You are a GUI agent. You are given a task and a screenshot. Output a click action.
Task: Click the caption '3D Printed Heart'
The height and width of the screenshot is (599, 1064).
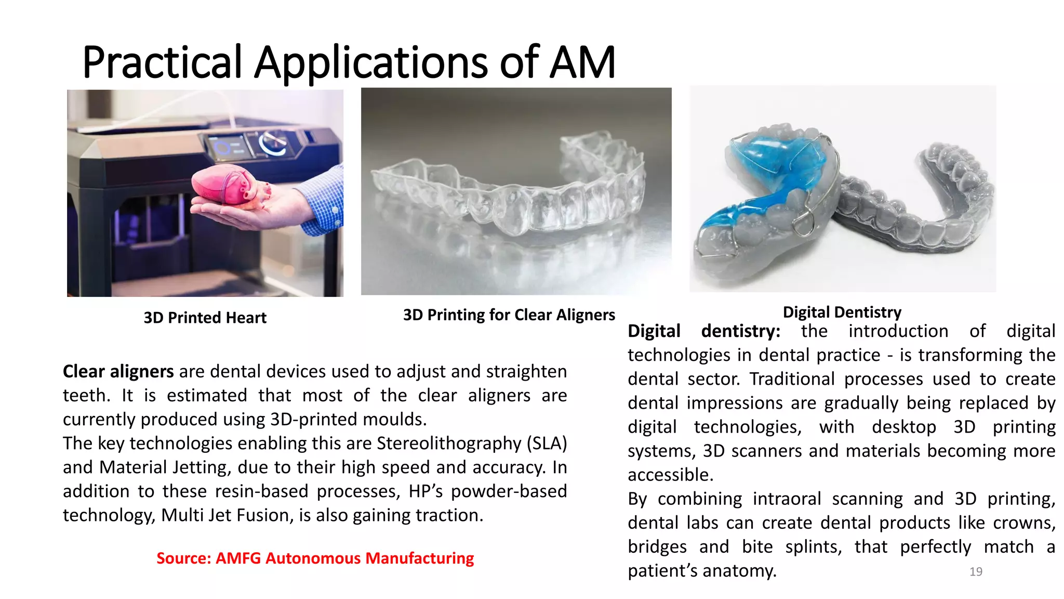point(205,317)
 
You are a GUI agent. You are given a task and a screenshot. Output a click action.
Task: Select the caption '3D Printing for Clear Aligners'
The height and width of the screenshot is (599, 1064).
point(509,315)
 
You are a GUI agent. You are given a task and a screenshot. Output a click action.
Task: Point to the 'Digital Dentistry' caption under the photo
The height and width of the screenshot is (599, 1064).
point(842,312)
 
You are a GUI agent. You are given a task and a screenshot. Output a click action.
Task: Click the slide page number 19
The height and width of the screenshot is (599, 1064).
point(976,571)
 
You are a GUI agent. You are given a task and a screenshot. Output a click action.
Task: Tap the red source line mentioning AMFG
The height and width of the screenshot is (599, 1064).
point(315,558)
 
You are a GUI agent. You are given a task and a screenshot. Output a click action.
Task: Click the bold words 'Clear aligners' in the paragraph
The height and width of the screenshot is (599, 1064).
point(118,371)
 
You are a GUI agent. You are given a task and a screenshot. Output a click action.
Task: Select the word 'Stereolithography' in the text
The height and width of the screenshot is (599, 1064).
point(449,443)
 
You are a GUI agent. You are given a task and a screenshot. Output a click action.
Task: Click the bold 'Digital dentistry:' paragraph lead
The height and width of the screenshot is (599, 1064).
point(703,331)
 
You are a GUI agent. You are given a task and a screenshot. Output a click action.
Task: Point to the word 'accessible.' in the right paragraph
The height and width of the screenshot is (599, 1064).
point(670,475)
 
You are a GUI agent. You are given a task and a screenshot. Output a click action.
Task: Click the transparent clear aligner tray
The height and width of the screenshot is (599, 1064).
point(514,192)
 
